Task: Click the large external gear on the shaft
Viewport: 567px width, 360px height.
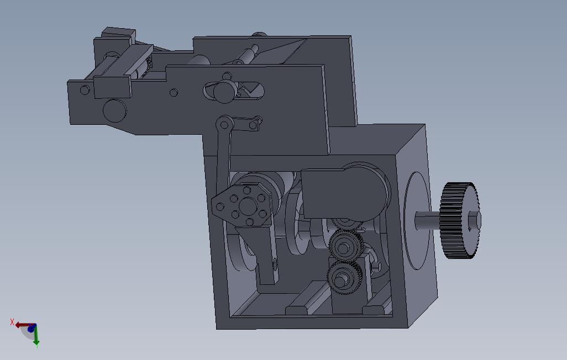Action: pos(459,220)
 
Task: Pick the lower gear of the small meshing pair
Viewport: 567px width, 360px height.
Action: pos(340,278)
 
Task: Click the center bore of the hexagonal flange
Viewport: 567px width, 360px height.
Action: pos(248,207)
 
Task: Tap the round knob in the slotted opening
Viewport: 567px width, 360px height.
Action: pos(224,92)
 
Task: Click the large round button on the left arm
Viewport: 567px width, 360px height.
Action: pos(114,110)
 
